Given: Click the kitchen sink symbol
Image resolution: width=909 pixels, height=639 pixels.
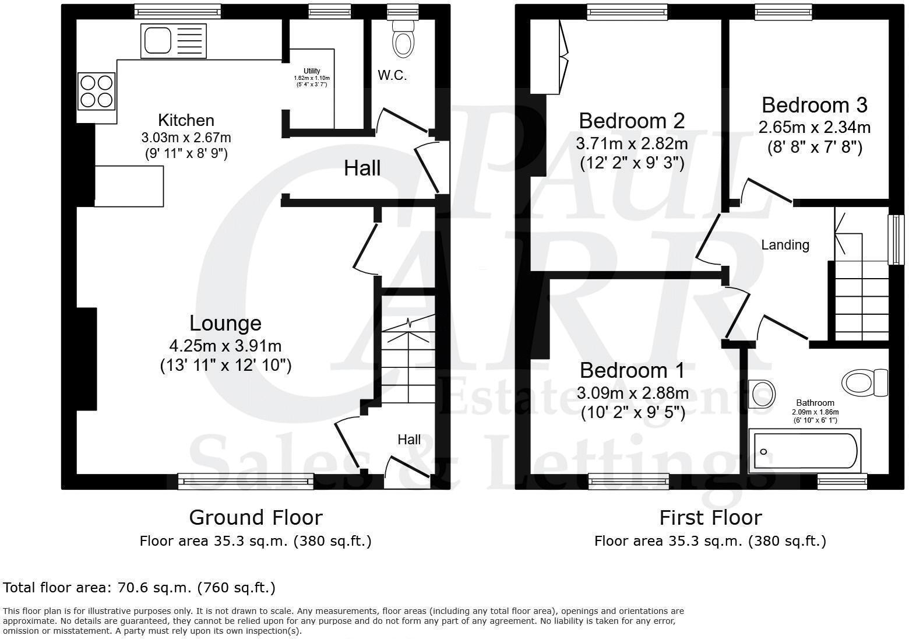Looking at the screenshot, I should point(173,41).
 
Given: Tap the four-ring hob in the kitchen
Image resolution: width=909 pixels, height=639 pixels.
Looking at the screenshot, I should point(97,91).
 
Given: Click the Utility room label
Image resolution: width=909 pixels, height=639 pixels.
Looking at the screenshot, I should point(312,71).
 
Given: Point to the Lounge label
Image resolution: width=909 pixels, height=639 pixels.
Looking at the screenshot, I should point(225,323).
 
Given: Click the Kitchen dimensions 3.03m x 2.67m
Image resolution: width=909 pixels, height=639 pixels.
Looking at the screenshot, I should point(186,138).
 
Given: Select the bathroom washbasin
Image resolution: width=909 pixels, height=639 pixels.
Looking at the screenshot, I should point(760,394).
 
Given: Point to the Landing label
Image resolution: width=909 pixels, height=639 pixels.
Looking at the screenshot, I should point(785,245).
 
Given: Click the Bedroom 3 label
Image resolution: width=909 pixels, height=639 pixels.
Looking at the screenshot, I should point(814,105).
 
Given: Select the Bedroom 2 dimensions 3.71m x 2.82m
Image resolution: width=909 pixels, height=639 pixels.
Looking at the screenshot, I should point(632,143).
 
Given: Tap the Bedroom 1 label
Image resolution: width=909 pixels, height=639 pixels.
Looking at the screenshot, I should point(632,370).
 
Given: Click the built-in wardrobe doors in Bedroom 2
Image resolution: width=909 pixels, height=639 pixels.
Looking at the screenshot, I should point(562,57).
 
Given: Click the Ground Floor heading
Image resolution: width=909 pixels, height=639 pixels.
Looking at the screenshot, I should point(255,517).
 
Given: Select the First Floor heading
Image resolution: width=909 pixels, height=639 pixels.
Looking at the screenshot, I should point(710,517).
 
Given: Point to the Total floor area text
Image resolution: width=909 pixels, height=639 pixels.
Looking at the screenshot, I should point(139,587).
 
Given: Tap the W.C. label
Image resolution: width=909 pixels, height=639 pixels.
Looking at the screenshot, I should point(392,75).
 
